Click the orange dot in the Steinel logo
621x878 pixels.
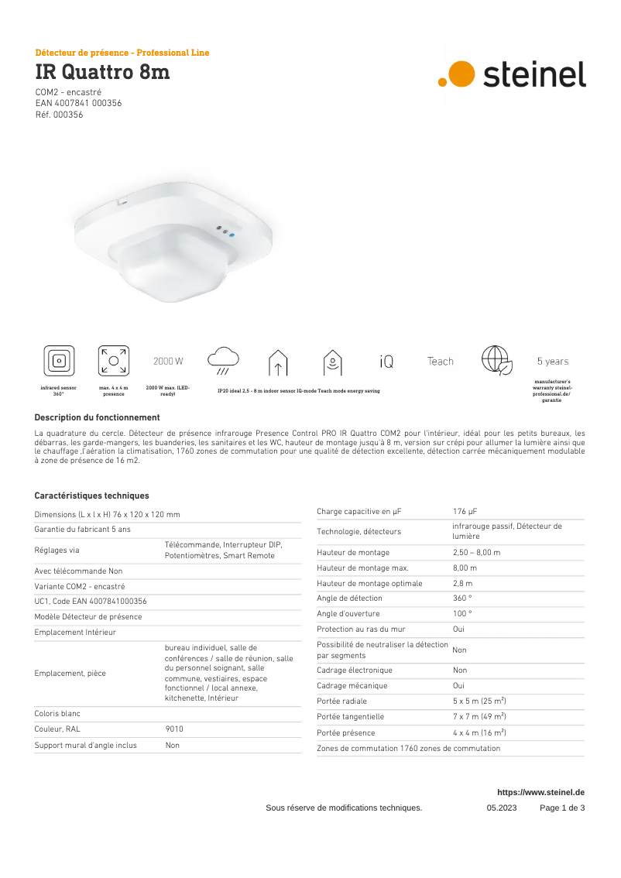pos(461,74)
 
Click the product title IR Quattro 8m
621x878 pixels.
pos(102,73)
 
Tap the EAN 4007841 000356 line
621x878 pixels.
pos(78,103)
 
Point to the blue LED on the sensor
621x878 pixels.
pos(232,235)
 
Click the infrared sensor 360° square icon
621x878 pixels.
pos(59,361)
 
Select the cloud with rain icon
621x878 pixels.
pos(223,360)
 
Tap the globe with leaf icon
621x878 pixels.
pos(496,361)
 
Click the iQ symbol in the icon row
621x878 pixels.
pos(386,362)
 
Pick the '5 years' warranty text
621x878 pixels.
pos(552,362)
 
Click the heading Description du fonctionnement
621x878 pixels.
pos(97,417)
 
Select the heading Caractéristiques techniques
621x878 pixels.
pos(92,496)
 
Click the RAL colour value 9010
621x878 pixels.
pos(174,729)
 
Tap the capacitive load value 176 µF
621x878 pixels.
pos(465,511)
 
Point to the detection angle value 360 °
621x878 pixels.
pos(462,598)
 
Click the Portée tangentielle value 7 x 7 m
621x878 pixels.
pos(479,717)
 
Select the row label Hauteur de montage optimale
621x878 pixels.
pos(369,583)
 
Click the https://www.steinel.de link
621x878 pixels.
pos(540,792)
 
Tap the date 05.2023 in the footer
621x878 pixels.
pos(502,808)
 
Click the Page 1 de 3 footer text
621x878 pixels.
pos(562,808)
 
